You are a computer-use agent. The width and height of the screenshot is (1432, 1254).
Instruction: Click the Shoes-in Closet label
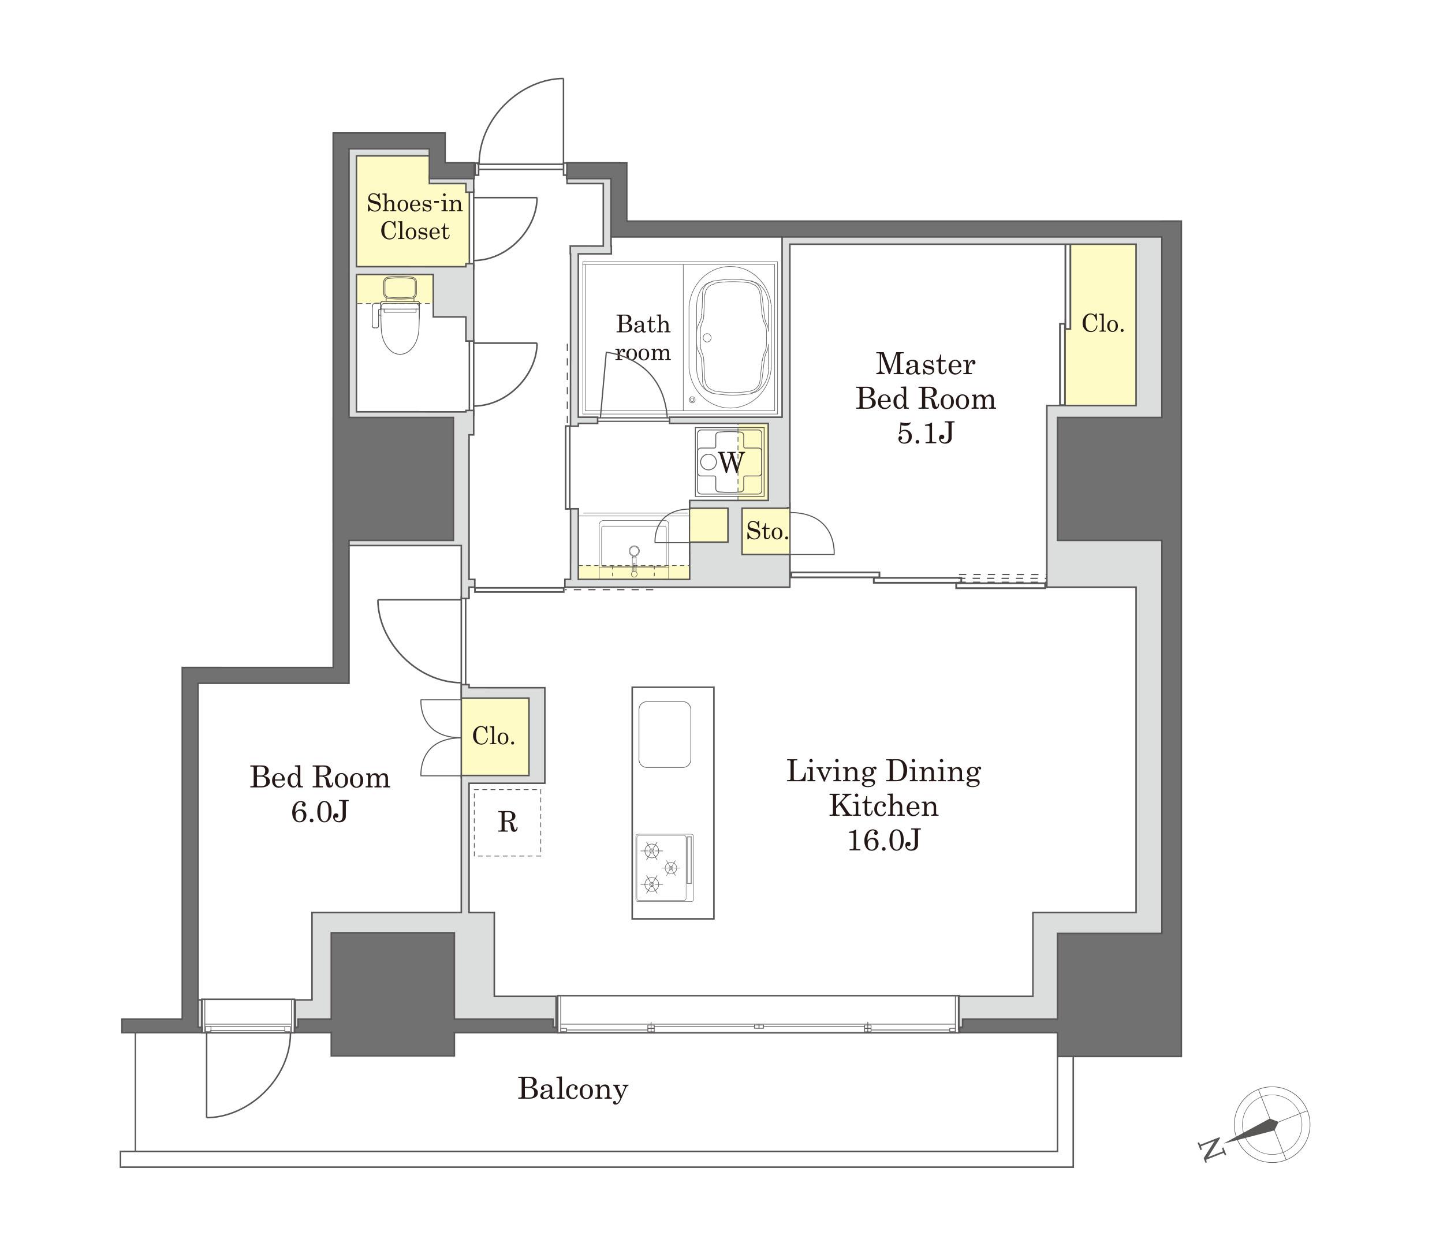click(415, 217)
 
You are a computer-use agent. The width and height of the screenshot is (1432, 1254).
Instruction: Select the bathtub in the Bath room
click(730, 340)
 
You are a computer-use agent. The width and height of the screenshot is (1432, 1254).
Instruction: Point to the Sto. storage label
click(767, 531)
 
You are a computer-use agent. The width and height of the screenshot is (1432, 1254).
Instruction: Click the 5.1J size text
click(925, 434)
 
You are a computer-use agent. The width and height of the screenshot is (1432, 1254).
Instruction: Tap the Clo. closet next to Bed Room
click(495, 736)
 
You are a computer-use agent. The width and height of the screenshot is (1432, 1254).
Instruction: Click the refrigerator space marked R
click(508, 822)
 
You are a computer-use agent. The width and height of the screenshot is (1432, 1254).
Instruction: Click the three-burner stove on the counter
click(664, 868)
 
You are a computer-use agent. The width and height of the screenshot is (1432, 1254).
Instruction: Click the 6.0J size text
click(320, 812)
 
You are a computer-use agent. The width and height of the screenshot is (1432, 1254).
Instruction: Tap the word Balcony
click(573, 1089)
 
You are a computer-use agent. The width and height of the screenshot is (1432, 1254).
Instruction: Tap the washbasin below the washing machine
click(633, 549)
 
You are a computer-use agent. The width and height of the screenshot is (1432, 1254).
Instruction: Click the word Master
click(925, 364)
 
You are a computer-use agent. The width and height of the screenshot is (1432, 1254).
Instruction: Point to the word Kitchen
click(883, 806)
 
